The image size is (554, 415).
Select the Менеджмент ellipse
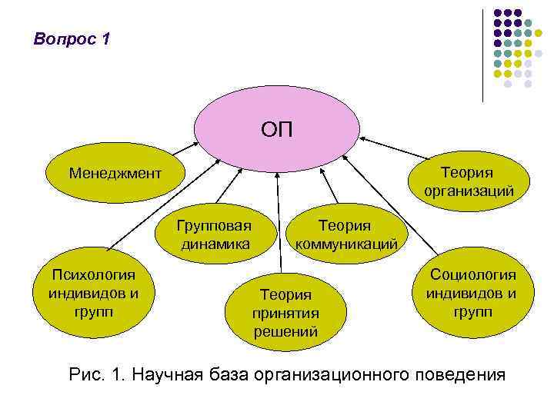point(115,172)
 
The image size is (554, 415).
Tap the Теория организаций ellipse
point(466,181)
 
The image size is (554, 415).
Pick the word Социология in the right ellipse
point(472,275)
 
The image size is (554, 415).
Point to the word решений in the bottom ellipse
point(285,332)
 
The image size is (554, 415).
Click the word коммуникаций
point(345,244)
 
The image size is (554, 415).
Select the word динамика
point(215,244)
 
